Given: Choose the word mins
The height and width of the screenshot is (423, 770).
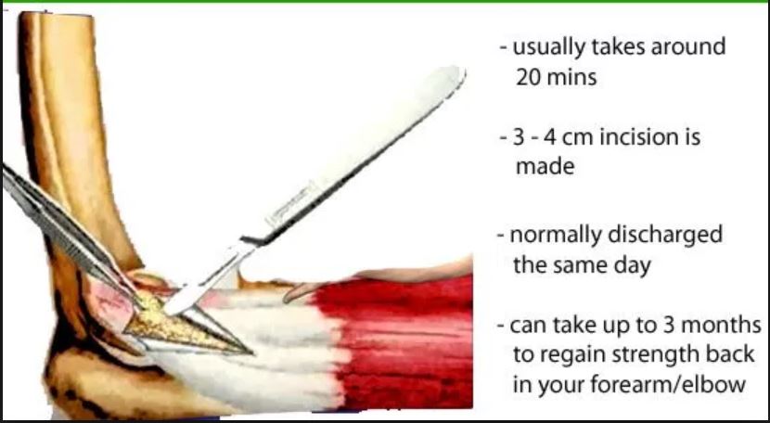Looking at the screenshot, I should point(575,77).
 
